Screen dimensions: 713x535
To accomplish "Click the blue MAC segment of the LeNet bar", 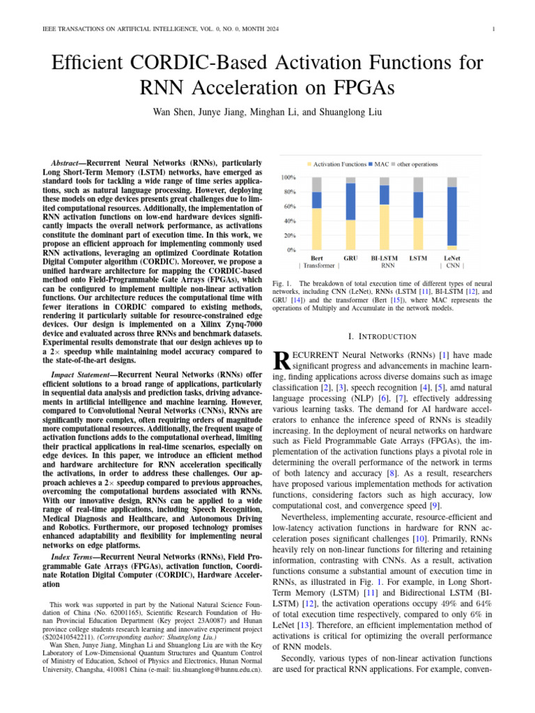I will [x=452, y=216].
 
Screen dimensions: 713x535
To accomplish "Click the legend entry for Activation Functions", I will [x=339, y=164].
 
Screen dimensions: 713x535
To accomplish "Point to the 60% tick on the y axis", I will [x=288, y=207].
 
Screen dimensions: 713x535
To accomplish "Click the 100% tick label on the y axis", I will [x=287, y=178].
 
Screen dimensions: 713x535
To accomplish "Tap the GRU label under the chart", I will [x=350, y=258].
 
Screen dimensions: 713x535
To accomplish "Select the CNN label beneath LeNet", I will [x=452, y=265].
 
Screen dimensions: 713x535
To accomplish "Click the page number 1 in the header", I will [x=493, y=29].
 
